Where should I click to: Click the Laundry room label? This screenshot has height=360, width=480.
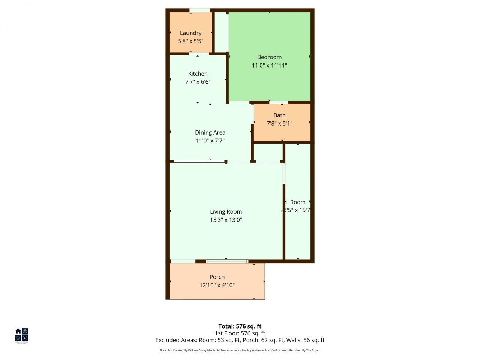point(190,33)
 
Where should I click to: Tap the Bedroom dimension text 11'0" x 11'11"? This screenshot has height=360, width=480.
point(269,65)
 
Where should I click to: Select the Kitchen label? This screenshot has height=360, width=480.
point(198,74)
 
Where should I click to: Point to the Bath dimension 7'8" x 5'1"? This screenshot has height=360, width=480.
point(279,123)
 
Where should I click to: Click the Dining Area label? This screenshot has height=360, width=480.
point(210,132)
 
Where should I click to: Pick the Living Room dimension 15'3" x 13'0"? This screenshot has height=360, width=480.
point(226,220)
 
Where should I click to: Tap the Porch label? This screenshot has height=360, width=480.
point(217,277)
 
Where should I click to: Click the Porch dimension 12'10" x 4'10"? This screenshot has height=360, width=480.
point(217,285)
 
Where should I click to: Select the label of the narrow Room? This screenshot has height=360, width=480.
point(298,202)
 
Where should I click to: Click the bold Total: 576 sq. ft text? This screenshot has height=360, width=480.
point(240,326)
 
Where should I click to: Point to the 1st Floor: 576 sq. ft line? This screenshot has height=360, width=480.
point(240,333)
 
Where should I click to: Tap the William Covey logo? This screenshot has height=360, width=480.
point(21,335)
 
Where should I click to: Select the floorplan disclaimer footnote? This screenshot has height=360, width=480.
point(240,350)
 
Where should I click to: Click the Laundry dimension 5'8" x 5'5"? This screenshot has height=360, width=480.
point(190,41)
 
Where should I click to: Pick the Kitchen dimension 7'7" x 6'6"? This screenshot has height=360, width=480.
point(198,82)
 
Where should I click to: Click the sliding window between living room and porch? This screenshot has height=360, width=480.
point(227,261)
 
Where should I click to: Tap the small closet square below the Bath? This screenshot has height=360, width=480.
point(268,153)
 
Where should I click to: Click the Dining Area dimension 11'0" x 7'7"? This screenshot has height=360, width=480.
point(210,141)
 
